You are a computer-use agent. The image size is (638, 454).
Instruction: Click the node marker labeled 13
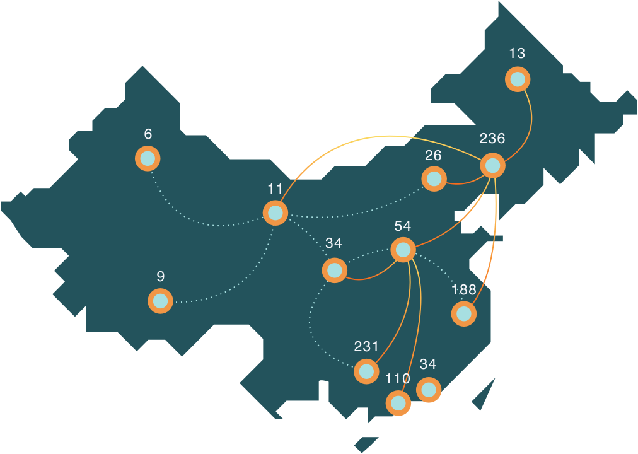pos(518,79)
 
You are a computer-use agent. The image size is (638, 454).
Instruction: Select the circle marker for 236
pos(492,166)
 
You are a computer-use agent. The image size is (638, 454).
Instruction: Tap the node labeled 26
pos(433,179)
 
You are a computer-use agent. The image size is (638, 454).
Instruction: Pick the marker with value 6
pos(148,158)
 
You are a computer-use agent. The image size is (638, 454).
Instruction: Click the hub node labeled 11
pos(275,213)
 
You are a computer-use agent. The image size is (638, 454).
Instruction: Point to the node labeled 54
pos(403,250)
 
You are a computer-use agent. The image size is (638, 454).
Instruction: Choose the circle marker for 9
pos(160,301)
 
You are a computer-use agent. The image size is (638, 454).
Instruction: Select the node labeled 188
pos(464,313)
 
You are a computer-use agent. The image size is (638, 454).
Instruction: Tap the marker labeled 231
pos(366,371)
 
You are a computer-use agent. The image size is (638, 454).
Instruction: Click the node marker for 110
pos(398,402)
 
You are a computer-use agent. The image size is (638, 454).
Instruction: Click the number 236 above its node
pos(492,138)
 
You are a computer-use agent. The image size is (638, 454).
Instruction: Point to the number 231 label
pos(366,346)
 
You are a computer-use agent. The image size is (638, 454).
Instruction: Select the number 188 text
pos(464,290)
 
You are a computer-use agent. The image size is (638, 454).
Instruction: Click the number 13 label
pos(517,53)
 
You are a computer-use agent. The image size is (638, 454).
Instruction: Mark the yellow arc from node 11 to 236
pos(378,136)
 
